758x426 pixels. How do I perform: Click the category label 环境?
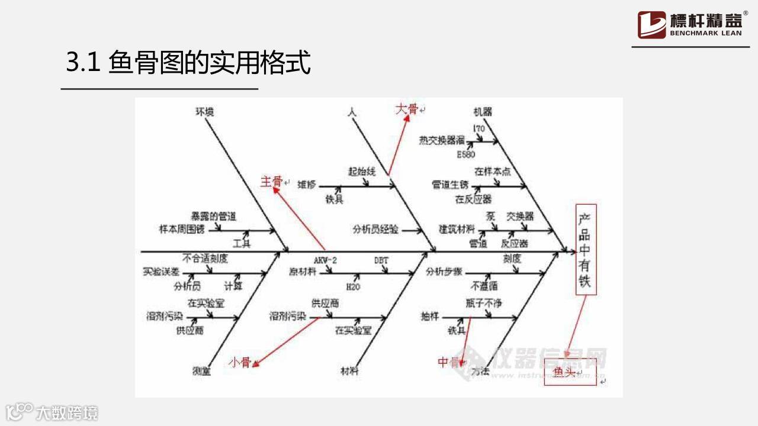[204, 111]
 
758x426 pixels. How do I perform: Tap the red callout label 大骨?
[406, 109]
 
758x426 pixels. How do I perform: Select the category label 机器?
[483, 111]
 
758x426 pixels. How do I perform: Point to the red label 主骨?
[272, 182]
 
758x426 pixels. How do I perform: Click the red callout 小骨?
[240, 362]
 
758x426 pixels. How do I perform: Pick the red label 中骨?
[448, 362]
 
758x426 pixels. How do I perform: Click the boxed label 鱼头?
[564, 372]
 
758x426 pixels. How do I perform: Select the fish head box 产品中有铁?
[585, 249]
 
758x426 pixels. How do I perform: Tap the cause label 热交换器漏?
[442, 140]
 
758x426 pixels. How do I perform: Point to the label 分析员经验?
[375, 229]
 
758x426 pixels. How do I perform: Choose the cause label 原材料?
[302, 272]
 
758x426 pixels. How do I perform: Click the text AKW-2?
[325, 260]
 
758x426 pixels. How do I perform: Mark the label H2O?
[354, 287]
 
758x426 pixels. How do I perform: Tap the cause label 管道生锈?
[449, 185]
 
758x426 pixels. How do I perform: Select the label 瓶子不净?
[484, 304]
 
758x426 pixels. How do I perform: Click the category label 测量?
[201, 372]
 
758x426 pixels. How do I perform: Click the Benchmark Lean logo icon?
[651, 25]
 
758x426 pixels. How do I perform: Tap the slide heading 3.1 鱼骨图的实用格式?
[188, 63]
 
